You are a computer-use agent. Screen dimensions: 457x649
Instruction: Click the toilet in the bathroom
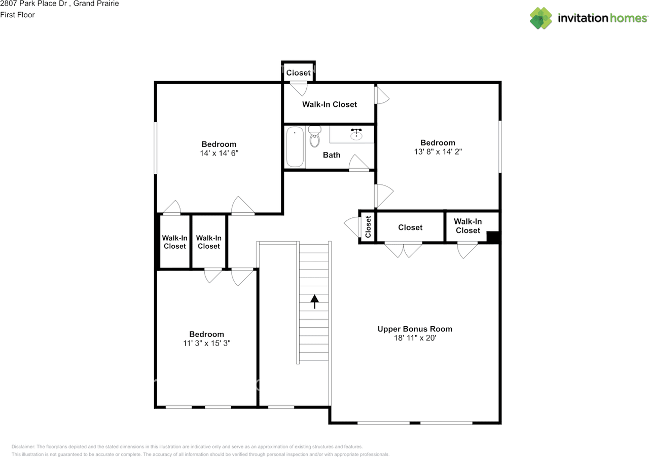(x=315, y=136)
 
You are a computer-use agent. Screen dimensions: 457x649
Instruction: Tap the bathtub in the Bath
(x=295, y=147)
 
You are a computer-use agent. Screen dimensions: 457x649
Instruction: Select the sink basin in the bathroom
(x=356, y=134)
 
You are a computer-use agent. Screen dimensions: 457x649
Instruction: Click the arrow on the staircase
(x=314, y=301)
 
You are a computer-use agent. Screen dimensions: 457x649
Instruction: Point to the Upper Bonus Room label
(x=415, y=329)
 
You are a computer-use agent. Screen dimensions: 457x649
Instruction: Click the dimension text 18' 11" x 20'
(x=415, y=338)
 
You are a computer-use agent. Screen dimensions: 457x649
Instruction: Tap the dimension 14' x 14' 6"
(x=219, y=153)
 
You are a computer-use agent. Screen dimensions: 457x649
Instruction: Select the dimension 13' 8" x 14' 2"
(x=438, y=151)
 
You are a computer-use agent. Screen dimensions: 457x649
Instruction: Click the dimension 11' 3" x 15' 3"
(x=206, y=343)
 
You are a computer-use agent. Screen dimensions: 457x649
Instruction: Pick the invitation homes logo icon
(x=541, y=18)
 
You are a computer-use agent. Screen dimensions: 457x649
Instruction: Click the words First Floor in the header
(x=18, y=15)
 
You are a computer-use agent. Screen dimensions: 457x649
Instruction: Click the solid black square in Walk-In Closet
(x=493, y=237)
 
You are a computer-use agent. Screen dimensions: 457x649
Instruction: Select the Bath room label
(x=332, y=155)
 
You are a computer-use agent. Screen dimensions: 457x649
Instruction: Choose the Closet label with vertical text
(x=368, y=227)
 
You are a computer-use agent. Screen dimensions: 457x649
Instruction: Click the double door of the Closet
(x=403, y=249)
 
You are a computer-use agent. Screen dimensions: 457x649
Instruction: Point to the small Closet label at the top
(x=298, y=73)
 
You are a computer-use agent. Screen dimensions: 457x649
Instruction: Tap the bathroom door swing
(x=359, y=163)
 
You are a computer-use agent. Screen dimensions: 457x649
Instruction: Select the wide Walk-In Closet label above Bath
(x=330, y=104)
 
